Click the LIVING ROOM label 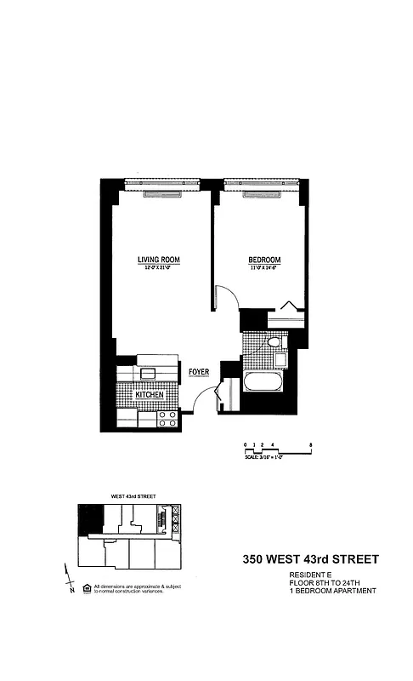click(159, 260)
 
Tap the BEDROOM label click(264, 260)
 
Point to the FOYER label click(198, 371)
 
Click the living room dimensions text click(159, 268)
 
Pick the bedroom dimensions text click(264, 268)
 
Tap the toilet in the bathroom click(273, 342)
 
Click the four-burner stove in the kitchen click(168, 418)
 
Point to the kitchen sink click(148, 374)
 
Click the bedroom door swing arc click(223, 299)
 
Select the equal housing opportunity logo click(86, 587)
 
